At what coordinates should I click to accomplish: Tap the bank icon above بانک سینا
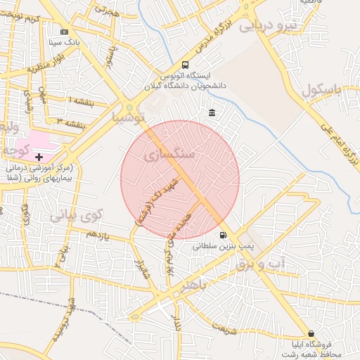[65, 32]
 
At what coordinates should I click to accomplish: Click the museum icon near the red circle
[212, 113]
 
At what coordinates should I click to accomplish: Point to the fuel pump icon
[224, 236]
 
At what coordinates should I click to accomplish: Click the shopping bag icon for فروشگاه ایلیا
[311, 333]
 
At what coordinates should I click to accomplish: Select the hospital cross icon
[39, 157]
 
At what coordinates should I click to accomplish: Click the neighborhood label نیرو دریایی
[268, 27]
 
